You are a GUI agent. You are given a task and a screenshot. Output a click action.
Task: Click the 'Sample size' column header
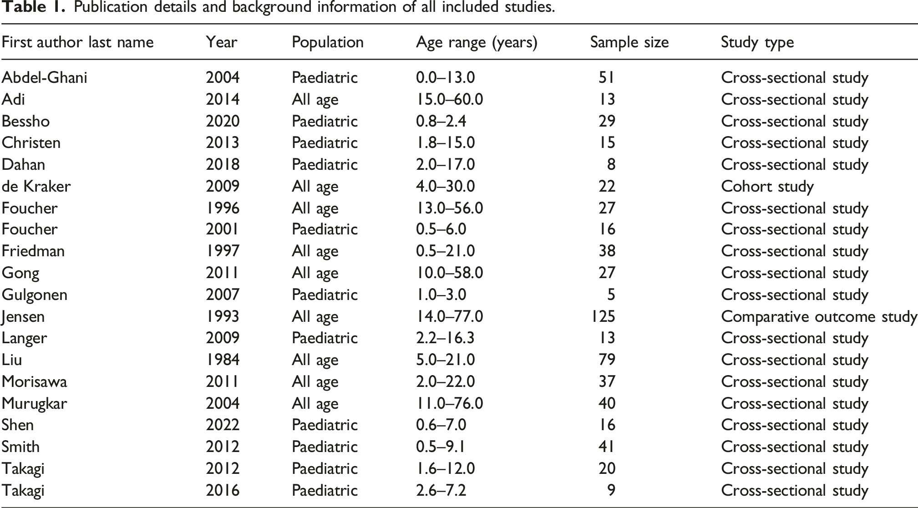pos(629,42)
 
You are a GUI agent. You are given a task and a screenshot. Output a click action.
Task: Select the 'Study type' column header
pos(757,43)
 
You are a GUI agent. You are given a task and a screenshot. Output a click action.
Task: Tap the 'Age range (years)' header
pos(477,43)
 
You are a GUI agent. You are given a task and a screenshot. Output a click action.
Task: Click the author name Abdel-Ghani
pos(45,77)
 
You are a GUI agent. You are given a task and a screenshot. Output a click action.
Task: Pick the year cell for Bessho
pos(223,121)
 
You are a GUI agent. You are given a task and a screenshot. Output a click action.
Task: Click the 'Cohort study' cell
pos(767,187)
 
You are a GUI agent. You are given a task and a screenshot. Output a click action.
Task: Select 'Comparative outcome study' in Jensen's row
pos(819,317)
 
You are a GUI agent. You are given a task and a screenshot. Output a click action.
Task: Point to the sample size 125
pos(603,316)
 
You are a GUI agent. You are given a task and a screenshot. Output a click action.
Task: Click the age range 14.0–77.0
pos(449,316)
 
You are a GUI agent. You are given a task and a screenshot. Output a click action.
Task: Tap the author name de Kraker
pos(36,186)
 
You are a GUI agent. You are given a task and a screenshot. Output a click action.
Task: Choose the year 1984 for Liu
pos(223,360)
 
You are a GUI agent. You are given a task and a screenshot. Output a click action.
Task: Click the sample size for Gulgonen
pos(611,295)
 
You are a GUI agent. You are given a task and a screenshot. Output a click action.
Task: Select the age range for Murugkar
pos(449,403)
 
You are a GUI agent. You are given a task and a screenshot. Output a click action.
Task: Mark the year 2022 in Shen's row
pos(223,425)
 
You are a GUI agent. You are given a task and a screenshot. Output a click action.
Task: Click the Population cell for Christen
pos(325,142)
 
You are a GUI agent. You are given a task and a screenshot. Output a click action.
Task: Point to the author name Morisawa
pos(34,381)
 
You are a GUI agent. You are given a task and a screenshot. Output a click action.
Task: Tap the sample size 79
pos(607,360)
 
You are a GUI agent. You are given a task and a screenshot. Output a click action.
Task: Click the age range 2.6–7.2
pos(441,490)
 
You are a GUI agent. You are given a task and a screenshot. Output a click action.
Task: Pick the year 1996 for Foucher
pos(223,208)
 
